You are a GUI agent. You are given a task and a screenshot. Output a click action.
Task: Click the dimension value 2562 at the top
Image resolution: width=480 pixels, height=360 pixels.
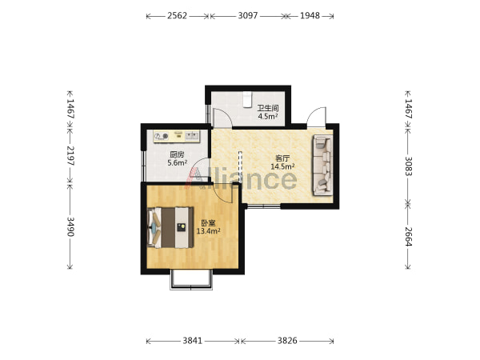coord(177,16)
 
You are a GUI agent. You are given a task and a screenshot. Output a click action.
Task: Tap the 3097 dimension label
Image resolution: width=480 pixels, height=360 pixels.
coord(248,16)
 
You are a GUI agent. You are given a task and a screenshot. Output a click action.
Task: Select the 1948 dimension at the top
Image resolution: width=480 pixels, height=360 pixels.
coord(310,16)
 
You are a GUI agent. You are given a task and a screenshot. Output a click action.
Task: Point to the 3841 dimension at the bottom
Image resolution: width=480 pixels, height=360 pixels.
coord(193,341)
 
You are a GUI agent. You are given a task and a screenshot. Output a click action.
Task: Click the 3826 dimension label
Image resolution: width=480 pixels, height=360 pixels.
coord(287,341)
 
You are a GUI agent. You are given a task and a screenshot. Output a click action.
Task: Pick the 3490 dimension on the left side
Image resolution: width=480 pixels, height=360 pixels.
coord(70,227)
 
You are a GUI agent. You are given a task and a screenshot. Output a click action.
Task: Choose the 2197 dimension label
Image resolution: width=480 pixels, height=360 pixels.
coord(70,155)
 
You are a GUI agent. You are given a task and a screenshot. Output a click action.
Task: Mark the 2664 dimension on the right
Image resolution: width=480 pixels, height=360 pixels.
coord(409,236)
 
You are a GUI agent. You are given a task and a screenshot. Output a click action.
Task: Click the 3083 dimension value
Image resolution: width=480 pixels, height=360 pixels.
coord(409,166)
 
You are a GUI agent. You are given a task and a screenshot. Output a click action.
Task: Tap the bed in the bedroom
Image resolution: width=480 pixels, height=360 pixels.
coord(170,227)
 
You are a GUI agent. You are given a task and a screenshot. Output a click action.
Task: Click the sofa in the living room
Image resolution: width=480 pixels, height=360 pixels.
coord(322,166)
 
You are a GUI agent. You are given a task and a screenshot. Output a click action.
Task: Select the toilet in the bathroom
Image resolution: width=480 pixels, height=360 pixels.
coord(246,99)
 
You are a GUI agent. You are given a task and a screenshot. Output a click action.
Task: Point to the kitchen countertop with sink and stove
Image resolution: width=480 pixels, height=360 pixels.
coord(177,136)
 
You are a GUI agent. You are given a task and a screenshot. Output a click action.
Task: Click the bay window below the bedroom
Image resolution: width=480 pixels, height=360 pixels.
coord(191,280)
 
